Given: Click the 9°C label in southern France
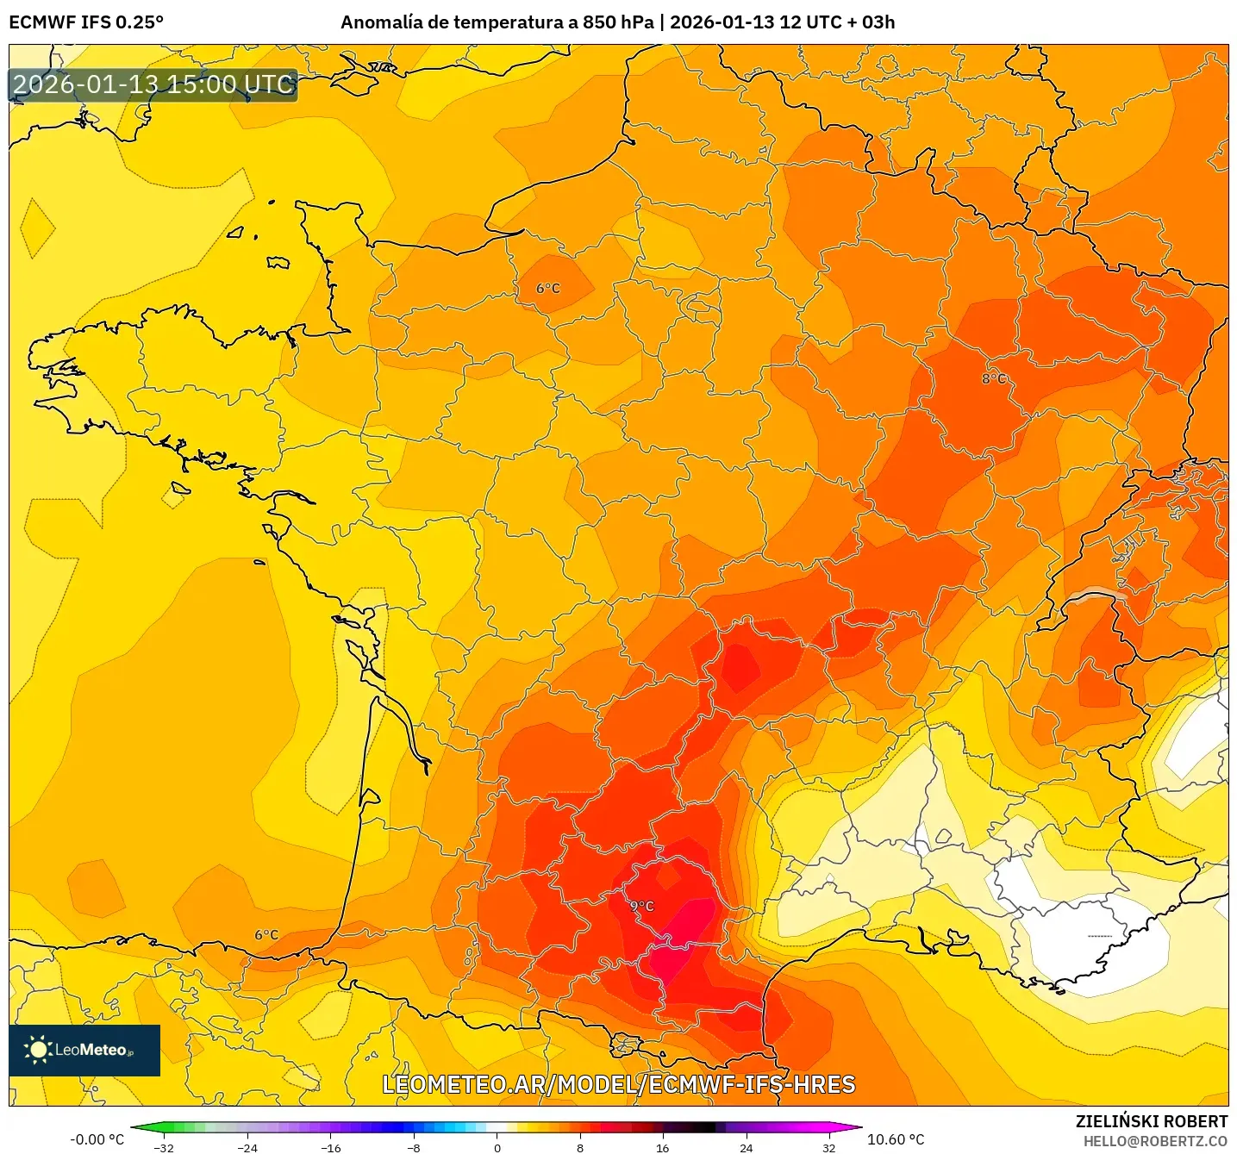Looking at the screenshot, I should [x=642, y=906].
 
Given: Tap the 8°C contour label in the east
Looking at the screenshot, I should [x=993, y=378].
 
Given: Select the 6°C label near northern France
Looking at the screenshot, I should [x=548, y=288].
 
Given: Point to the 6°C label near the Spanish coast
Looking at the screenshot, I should [x=266, y=934].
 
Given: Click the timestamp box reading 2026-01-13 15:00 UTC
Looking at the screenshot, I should [x=153, y=84].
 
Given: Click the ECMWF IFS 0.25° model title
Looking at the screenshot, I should [x=86, y=22].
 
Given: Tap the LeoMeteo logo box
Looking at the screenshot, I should [x=84, y=1050].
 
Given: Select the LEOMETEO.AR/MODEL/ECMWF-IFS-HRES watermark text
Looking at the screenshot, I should [x=618, y=1084].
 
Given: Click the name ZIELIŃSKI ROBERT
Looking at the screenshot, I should [x=1151, y=1121].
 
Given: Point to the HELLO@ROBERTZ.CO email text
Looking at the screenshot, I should [x=1155, y=1141].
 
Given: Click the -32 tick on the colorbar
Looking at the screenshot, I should [x=164, y=1147].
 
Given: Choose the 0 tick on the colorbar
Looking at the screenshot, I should [x=497, y=1147].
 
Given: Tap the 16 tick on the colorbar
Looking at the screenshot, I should [x=662, y=1147].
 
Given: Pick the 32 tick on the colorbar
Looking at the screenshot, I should [x=828, y=1147].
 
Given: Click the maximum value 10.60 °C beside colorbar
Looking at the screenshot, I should [x=895, y=1139].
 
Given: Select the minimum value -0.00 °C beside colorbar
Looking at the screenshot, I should [x=97, y=1139].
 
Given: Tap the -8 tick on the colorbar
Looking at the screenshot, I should [x=414, y=1147].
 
